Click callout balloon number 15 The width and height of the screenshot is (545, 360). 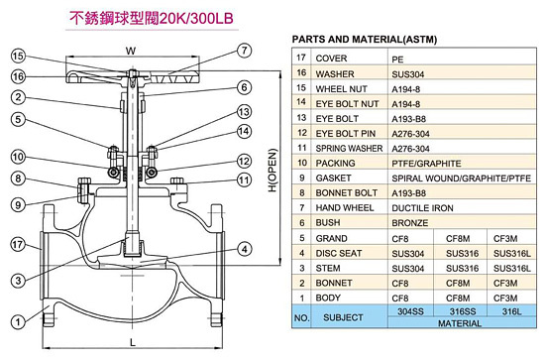tap(19, 56)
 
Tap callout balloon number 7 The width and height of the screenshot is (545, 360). tap(245, 51)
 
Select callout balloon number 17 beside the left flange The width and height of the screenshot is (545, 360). tap(18, 245)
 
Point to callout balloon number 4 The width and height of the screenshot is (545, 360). tap(245, 249)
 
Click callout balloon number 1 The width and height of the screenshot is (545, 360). tap(18, 321)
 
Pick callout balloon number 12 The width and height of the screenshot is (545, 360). tap(244, 161)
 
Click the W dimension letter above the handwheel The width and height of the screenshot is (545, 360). tap(131, 52)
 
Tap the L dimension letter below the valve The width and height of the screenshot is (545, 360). tap(133, 342)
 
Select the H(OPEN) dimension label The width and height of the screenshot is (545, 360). tap(272, 171)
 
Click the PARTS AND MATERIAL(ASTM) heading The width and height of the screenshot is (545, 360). tap(365, 40)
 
